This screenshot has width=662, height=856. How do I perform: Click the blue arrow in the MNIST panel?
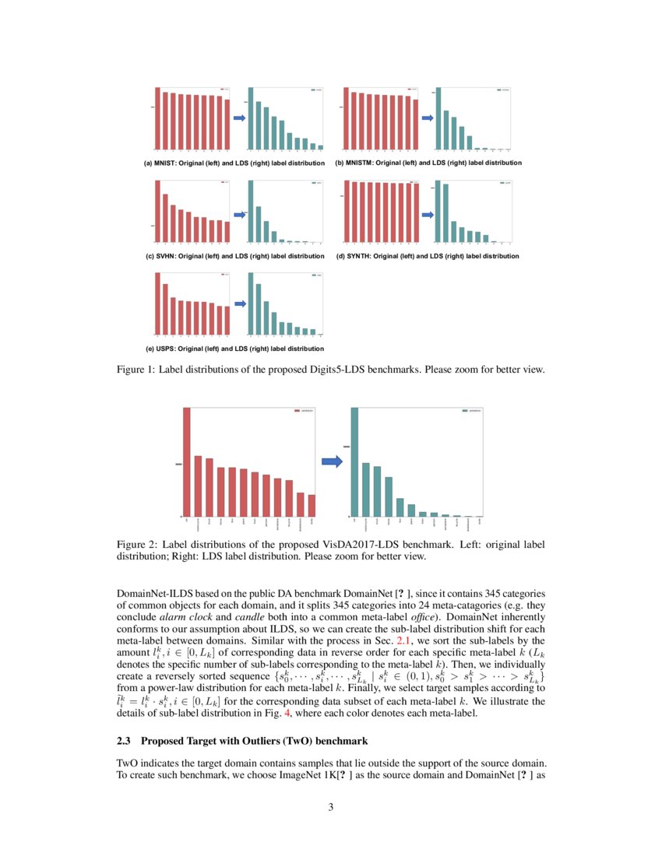click(x=239, y=118)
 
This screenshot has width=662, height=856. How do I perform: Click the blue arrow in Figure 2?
click(x=332, y=462)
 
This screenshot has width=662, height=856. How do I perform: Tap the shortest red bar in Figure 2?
click(x=312, y=505)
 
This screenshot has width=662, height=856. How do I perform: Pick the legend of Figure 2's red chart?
click(x=303, y=412)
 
